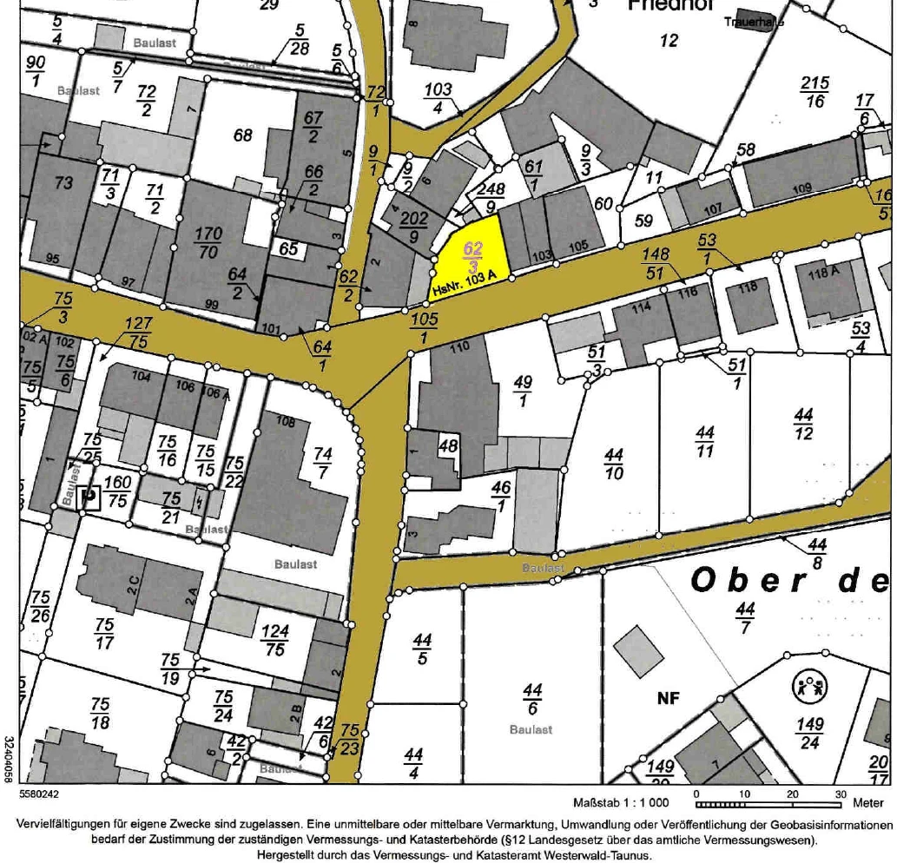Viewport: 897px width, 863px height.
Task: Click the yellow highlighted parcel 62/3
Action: (472, 252)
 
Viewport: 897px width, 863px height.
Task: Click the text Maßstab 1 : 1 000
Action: (621, 803)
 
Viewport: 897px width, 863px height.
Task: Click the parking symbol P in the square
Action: (88, 497)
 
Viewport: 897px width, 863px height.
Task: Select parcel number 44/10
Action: (615, 464)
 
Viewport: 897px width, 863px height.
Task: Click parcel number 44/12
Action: (803, 424)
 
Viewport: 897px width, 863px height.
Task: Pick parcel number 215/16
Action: (814, 92)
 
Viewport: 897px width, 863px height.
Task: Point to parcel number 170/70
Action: (209, 243)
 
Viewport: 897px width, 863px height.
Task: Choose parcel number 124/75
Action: (274, 641)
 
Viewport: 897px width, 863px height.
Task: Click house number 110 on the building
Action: (458, 346)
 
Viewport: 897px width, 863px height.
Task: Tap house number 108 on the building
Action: (285, 422)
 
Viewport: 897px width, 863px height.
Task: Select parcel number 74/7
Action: (323, 462)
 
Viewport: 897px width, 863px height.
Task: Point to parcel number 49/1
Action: (524, 392)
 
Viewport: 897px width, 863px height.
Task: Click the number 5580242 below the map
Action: (38, 793)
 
